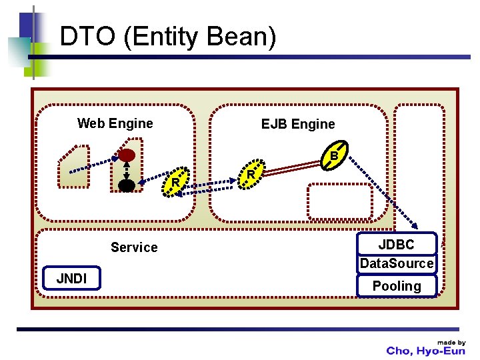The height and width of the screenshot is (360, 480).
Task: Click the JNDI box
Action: (71, 278)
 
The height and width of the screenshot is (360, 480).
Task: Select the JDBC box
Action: (397, 244)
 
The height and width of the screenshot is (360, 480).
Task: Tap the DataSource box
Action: (397, 263)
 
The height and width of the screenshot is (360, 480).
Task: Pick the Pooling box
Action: (397, 286)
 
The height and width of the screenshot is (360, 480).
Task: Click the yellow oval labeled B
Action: (334, 155)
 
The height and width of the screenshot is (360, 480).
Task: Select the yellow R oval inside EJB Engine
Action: (251, 174)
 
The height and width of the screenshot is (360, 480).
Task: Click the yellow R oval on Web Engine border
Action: (176, 182)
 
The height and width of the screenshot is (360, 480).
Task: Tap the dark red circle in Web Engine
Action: (127, 155)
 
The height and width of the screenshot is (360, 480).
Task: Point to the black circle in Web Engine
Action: (127, 185)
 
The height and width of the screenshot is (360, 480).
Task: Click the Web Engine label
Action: (115, 123)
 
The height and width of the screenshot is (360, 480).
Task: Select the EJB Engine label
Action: (298, 124)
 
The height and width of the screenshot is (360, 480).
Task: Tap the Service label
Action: (134, 247)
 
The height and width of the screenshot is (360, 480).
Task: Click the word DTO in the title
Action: (87, 36)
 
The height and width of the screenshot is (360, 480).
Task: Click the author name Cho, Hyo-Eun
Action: (425, 351)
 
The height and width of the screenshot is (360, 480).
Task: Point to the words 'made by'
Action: (451, 342)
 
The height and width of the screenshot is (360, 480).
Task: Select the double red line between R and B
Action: (291, 169)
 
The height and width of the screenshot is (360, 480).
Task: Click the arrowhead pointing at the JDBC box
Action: (415, 225)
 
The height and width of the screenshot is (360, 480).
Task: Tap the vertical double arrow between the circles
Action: (127, 171)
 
